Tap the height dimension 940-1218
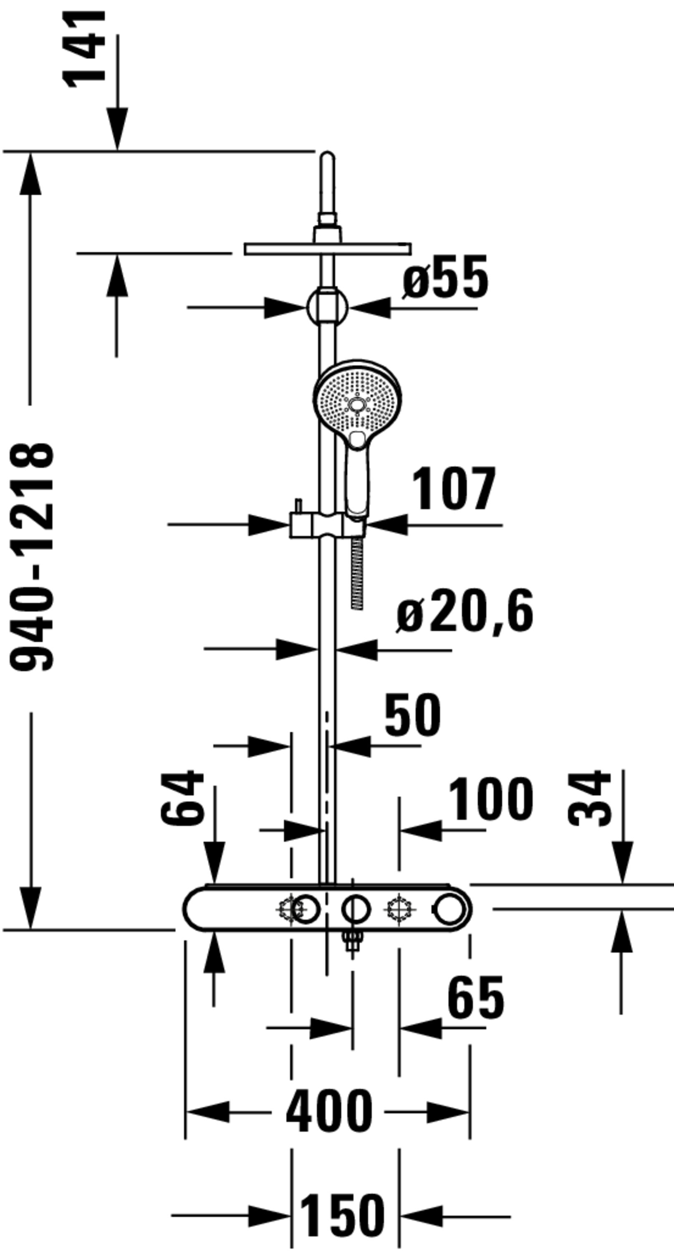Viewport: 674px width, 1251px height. [x=32, y=557]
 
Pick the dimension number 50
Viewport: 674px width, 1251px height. [x=413, y=714]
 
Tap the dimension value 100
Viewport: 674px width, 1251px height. [x=491, y=799]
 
